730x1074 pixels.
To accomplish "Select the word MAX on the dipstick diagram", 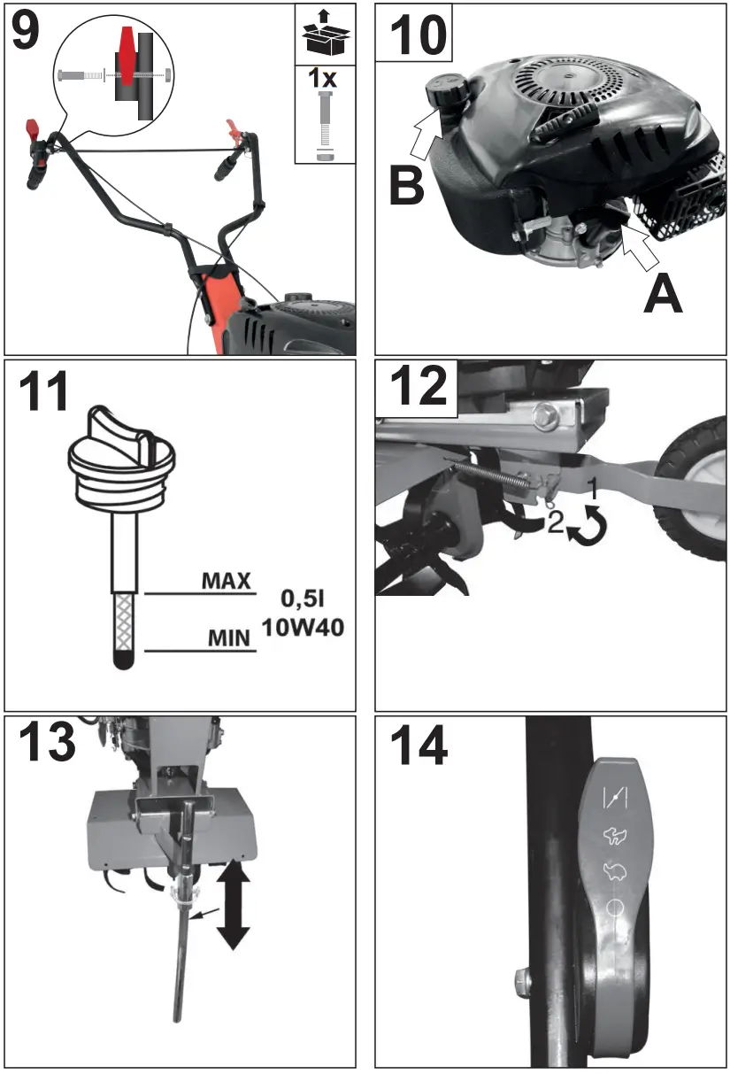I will click(x=227, y=582).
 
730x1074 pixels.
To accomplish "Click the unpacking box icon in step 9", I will click(x=325, y=34).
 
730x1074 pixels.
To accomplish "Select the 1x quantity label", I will click(x=324, y=79).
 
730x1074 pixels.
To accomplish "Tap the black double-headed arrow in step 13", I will click(x=233, y=903).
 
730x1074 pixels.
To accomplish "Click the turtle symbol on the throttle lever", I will click(x=613, y=870).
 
